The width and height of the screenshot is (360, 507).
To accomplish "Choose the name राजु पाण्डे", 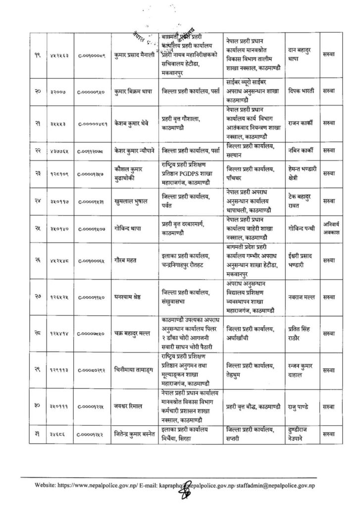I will (x=301, y=406).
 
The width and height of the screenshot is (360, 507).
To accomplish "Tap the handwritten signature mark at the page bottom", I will (x=187, y=492).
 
